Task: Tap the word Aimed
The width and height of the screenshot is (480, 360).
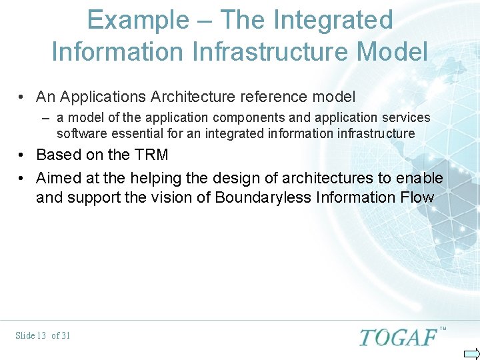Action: (x=57, y=178)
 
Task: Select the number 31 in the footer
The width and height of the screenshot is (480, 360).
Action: (x=65, y=335)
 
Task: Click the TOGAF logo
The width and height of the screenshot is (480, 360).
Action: (x=398, y=337)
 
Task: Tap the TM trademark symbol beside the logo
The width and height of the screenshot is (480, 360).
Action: (x=443, y=329)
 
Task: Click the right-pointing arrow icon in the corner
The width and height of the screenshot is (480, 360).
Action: (x=471, y=353)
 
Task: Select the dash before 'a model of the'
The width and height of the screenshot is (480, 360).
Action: (x=45, y=118)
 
